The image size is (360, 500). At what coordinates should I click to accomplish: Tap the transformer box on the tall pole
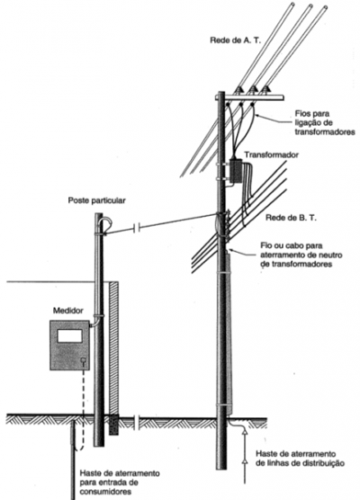(x=237, y=171)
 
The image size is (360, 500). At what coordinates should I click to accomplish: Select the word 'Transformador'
(x=271, y=155)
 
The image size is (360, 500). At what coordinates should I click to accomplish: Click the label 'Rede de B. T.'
(x=291, y=219)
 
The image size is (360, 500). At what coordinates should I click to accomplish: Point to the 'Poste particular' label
(x=96, y=201)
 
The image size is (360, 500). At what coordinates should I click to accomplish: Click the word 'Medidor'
(x=68, y=310)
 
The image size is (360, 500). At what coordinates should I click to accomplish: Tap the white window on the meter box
(x=70, y=335)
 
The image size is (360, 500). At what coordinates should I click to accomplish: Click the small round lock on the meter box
(x=84, y=361)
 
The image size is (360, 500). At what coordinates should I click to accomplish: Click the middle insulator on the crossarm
(x=253, y=90)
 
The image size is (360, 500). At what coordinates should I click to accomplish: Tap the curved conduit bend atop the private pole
(x=105, y=223)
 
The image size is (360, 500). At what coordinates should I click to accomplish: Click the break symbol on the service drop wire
(x=136, y=228)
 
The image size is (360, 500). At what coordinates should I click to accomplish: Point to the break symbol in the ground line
(x=136, y=422)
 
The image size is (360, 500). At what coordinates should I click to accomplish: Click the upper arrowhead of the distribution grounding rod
(x=245, y=432)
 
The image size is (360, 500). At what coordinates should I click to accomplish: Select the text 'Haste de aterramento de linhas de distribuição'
(x=300, y=459)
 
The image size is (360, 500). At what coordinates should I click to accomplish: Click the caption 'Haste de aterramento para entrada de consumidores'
(x=120, y=482)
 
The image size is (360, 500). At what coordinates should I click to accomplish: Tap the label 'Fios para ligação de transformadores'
(x=325, y=123)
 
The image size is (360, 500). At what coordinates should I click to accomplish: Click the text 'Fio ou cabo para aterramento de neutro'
(x=301, y=251)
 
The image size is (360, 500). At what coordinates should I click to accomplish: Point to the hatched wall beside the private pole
(x=113, y=348)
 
